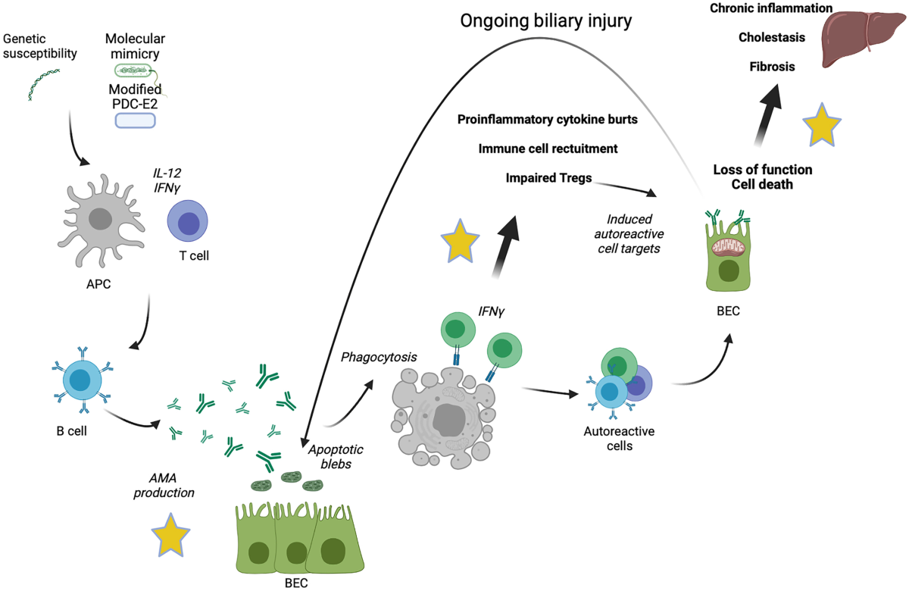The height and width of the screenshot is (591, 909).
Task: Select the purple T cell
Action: [187, 224]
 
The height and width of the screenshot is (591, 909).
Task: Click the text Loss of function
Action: [762, 170]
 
